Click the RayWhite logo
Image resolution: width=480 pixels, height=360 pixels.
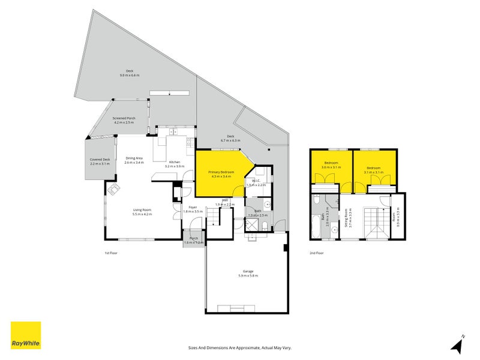click(26, 335)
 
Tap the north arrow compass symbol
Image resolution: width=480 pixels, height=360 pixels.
click(457, 344)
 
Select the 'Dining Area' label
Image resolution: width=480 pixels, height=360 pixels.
click(134, 160)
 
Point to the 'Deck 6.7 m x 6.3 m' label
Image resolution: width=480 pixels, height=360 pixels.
click(230, 138)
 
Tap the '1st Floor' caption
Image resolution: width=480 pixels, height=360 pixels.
click(110, 253)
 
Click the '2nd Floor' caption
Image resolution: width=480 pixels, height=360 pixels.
click(316, 253)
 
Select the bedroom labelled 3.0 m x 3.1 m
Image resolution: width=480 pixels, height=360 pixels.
click(332, 165)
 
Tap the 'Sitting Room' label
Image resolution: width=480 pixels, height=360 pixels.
click(346, 218)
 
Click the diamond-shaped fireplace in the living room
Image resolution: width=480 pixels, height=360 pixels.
click(113, 191)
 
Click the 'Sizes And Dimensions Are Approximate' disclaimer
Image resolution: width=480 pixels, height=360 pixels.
click(239, 347)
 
